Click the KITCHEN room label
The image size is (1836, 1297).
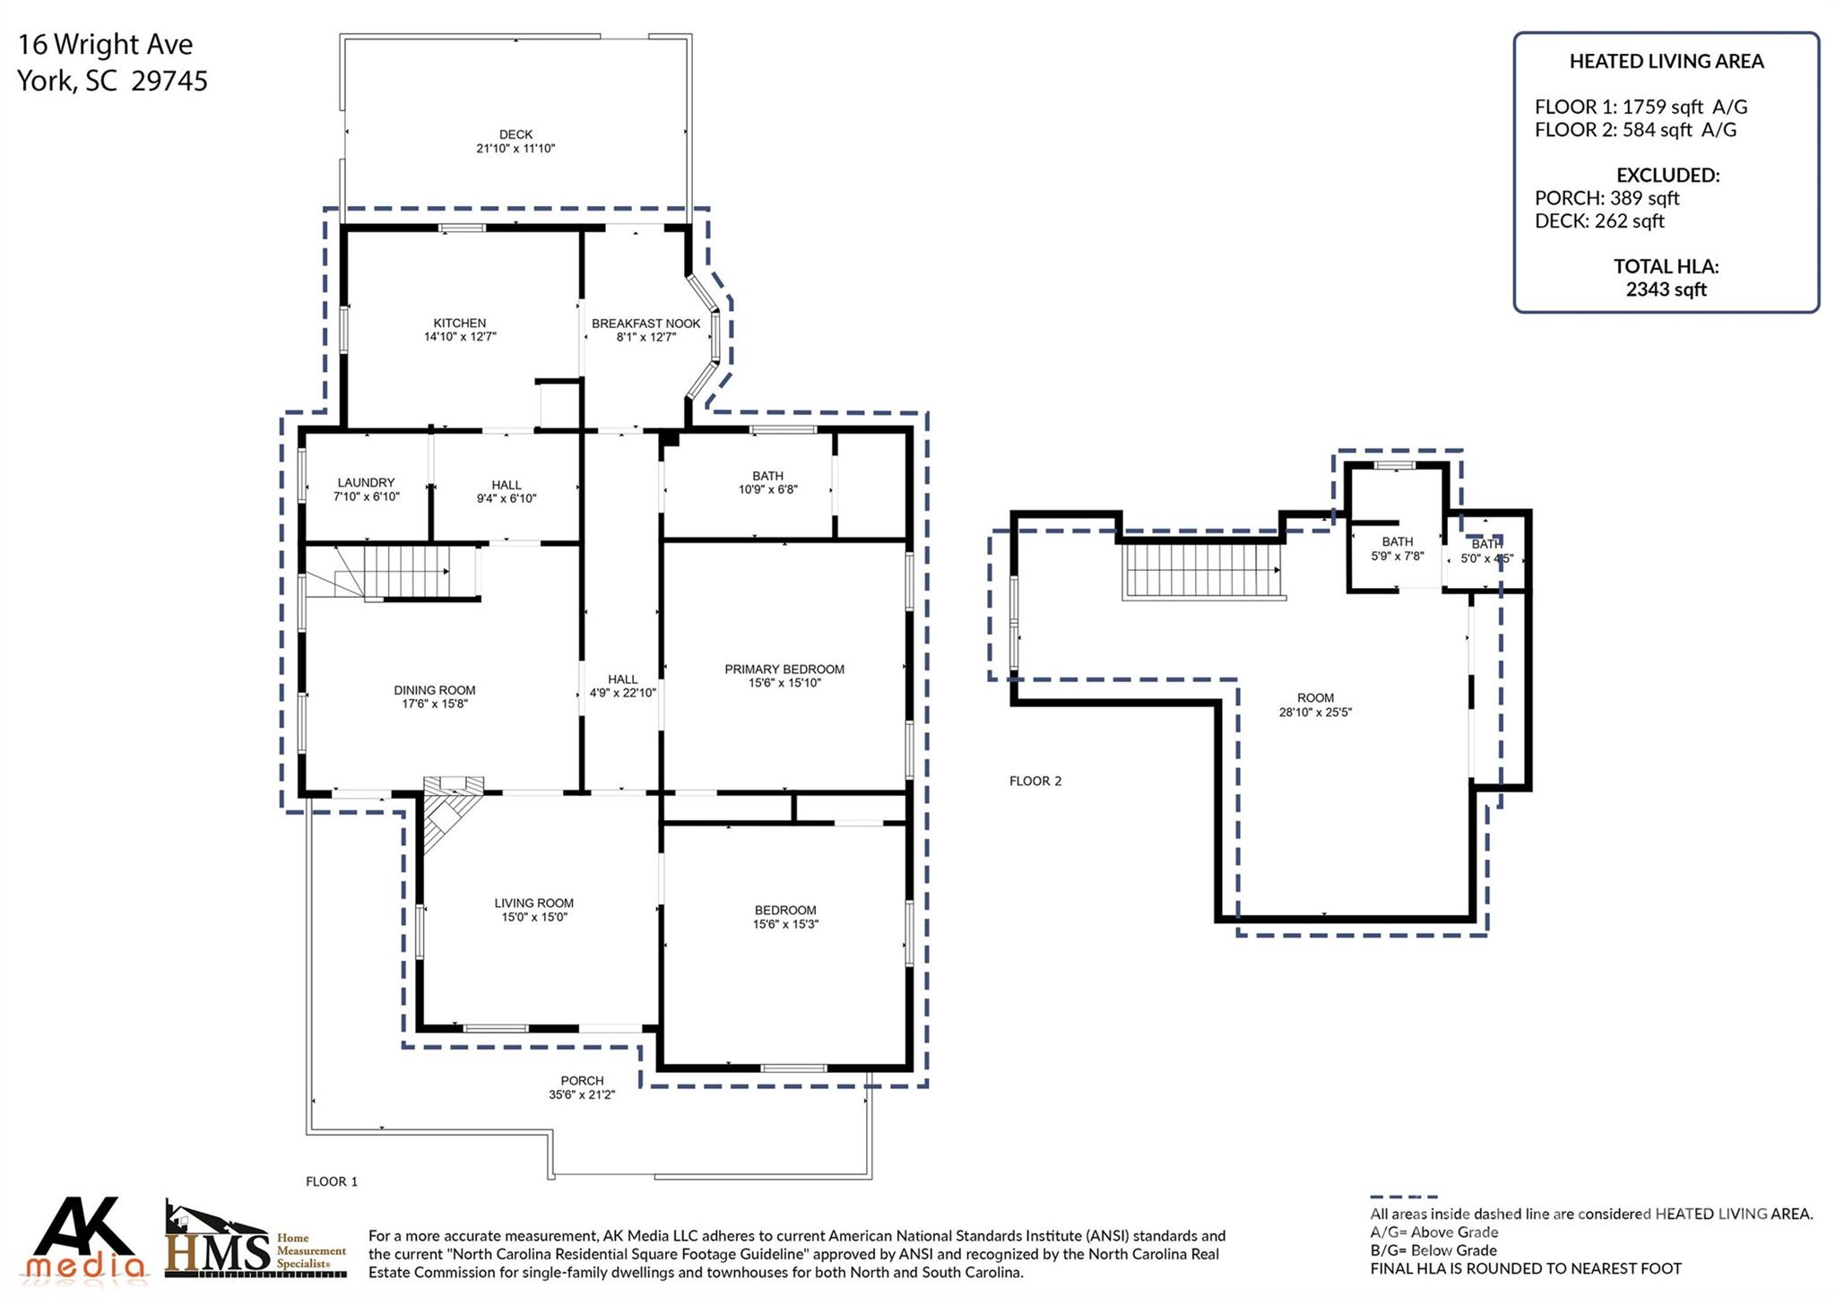tap(460, 323)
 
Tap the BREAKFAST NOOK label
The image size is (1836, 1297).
tap(645, 324)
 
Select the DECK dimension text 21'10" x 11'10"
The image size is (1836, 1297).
tap(515, 149)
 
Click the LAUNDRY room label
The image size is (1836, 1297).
tap(366, 482)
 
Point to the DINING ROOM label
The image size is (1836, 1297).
tap(435, 690)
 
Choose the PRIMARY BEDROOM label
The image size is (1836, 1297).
tap(784, 669)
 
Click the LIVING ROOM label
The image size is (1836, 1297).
tap(534, 904)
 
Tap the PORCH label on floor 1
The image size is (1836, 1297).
tap(583, 1081)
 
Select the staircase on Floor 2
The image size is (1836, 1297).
tap(1204, 571)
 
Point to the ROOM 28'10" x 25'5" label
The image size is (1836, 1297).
tap(1315, 705)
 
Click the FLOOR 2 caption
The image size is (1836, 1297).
tap(1035, 781)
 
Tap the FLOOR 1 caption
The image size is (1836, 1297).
tap(332, 1181)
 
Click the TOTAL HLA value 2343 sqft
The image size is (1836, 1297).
tap(1666, 290)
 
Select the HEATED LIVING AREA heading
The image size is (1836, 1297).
tap(1667, 61)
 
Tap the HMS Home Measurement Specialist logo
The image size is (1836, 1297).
tap(255, 1240)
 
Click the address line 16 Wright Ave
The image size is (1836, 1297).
tap(106, 44)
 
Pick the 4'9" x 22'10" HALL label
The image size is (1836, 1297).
tap(623, 686)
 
